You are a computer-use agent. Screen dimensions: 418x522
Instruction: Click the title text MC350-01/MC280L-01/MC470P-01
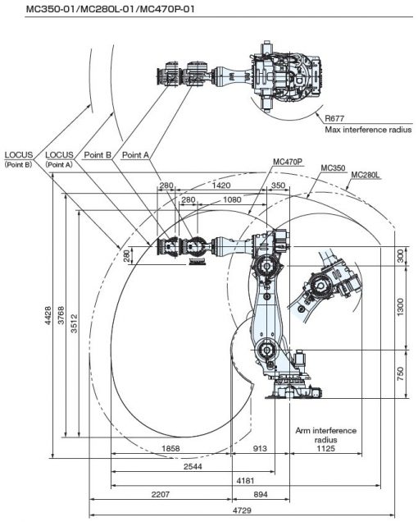click(110, 9)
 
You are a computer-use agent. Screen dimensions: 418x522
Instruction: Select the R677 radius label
click(334, 118)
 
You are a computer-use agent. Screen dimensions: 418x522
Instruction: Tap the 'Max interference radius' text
click(368, 130)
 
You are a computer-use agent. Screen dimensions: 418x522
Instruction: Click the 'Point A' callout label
click(135, 155)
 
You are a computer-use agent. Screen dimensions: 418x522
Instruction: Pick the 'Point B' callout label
click(98, 155)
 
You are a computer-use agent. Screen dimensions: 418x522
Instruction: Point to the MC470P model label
click(288, 162)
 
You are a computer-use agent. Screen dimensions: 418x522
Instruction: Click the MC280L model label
click(366, 175)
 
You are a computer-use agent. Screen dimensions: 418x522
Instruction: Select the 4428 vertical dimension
click(48, 315)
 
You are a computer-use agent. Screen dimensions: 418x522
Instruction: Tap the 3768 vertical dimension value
click(61, 315)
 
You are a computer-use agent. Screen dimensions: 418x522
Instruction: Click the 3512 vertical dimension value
click(74, 323)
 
